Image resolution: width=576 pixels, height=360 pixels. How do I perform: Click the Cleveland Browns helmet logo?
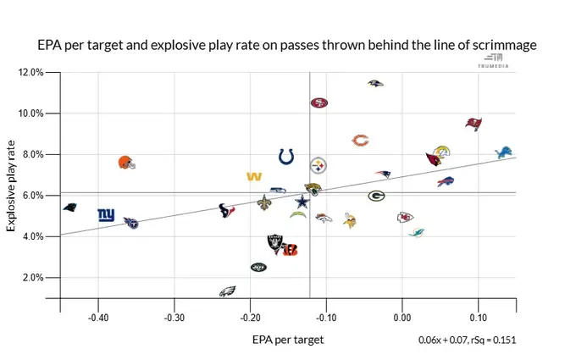pyautogui.click(x=126, y=162)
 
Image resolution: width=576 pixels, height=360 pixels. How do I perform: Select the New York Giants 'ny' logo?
pyautogui.click(x=106, y=215)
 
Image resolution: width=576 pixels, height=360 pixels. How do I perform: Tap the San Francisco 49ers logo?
pyautogui.click(x=318, y=102)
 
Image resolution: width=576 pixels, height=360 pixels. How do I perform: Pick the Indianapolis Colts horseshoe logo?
pyautogui.click(x=286, y=156)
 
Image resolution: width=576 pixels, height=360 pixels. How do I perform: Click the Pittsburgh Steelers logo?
pyautogui.click(x=318, y=165)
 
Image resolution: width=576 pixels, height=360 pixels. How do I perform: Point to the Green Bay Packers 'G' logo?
pyautogui.click(x=377, y=196)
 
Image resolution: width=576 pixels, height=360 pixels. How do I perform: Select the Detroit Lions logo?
pyautogui.click(x=504, y=152)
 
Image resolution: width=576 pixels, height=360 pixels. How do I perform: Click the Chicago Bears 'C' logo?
pyautogui.click(x=361, y=140)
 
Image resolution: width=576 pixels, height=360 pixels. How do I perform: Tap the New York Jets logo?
pyautogui.click(x=258, y=267)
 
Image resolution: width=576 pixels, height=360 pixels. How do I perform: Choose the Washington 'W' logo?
pyautogui.click(x=252, y=176)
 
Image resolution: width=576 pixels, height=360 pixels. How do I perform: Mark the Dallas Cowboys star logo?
pyautogui.click(x=302, y=202)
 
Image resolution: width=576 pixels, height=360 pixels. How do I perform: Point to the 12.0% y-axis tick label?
pyautogui.click(x=30, y=73)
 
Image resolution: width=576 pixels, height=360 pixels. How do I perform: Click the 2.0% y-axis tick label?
pyautogui.click(x=32, y=278)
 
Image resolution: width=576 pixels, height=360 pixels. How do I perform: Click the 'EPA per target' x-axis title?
pyautogui.click(x=287, y=340)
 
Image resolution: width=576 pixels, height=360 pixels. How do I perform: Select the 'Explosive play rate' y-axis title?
pyautogui.click(x=14, y=186)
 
